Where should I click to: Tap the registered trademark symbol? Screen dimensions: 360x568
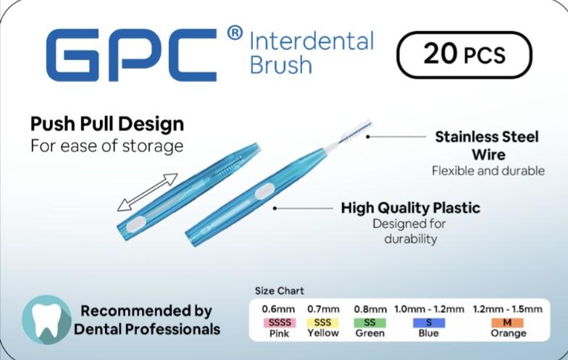click(235, 33)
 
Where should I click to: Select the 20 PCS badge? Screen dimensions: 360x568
click(464, 55)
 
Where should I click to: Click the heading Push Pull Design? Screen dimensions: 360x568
click(107, 123)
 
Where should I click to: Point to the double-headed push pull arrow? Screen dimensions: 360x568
click(147, 191)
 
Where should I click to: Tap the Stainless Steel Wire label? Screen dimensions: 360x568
click(486, 145)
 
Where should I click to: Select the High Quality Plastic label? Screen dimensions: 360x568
click(410, 208)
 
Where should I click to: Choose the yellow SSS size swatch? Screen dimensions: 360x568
click(322, 322)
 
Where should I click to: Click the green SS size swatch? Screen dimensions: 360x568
click(369, 322)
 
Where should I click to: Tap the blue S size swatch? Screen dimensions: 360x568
click(429, 322)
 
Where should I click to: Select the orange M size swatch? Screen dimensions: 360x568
click(507, 322)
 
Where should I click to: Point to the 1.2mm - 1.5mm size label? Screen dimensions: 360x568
click(507, 309)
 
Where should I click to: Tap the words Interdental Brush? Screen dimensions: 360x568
click(311, 52)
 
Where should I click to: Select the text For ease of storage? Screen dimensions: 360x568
click(106, 146)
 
